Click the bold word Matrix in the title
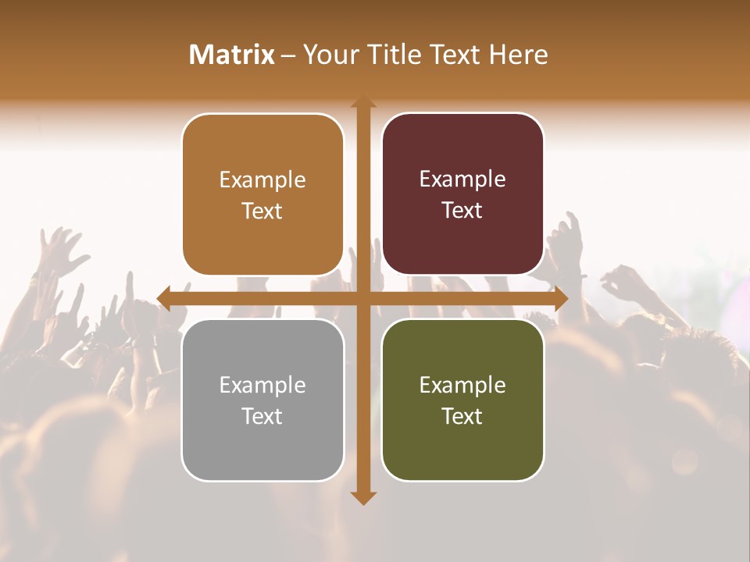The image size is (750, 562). coord(232,55)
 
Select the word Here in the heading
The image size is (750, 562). coord(518,55)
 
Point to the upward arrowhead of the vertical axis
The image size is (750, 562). coord(362,103)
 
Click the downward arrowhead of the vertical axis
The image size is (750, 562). coord(362,497)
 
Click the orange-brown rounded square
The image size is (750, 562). coord(262,195)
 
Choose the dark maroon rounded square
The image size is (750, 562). coord(462,194)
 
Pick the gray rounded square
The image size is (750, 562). coord(262,400)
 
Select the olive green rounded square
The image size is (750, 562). coord(462,400)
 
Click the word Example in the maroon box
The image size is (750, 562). coord(462,180)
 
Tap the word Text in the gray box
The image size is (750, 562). coord(262,416)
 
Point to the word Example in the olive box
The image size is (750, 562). coord(462,385)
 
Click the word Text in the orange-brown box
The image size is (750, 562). coord(262,212)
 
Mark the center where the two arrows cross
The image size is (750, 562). coord(362,297)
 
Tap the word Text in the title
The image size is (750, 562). coord(454,55)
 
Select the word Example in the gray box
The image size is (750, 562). coord(262,385)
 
